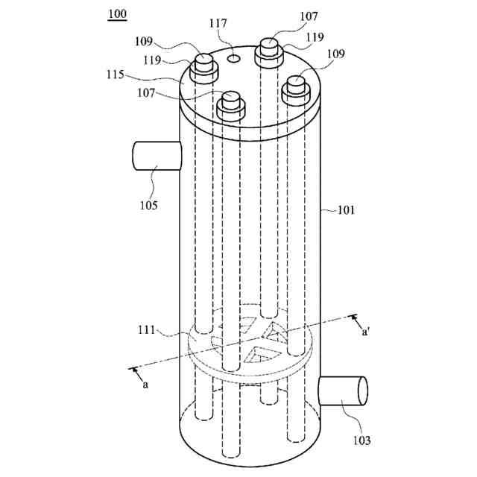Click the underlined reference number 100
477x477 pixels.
(x=117, y=14)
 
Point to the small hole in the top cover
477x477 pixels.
(x=233, y=57)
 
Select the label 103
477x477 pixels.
(x=361, y=440)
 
